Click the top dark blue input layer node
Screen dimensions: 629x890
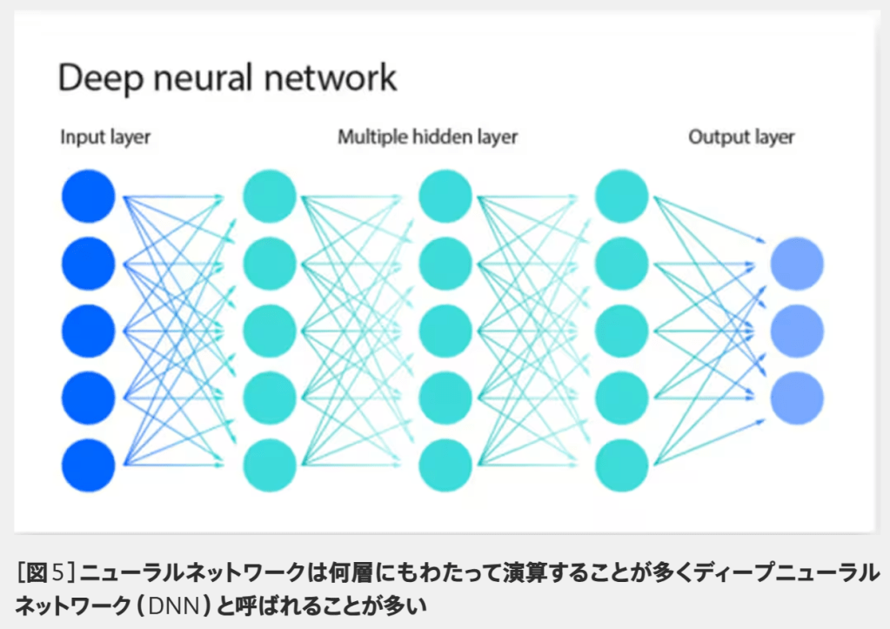(x=88, y=196)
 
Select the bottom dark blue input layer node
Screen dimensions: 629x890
(x=88, y=465)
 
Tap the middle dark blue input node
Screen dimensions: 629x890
(x=88, y=331)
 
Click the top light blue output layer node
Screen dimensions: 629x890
(x=797, y=263)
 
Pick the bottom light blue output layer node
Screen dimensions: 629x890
(x=797, y=398)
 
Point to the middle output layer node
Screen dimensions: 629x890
(x=797, y=331)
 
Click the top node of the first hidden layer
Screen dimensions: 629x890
(x=270, y=196)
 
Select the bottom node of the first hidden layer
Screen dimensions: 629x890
(x=270, y=465)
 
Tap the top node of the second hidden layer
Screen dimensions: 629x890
(x=445, y=196)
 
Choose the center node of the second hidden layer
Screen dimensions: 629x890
(x=445, y=331)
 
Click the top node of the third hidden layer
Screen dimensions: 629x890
(x=622, y=196)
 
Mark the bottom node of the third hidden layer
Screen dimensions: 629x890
(x=622, y=465)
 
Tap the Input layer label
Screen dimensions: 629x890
(x=105, y=137)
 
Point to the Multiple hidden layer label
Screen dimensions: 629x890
(x=427, y=137)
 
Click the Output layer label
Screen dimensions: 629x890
(x=741, y=137)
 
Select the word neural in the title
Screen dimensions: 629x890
(x=205, y=78)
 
